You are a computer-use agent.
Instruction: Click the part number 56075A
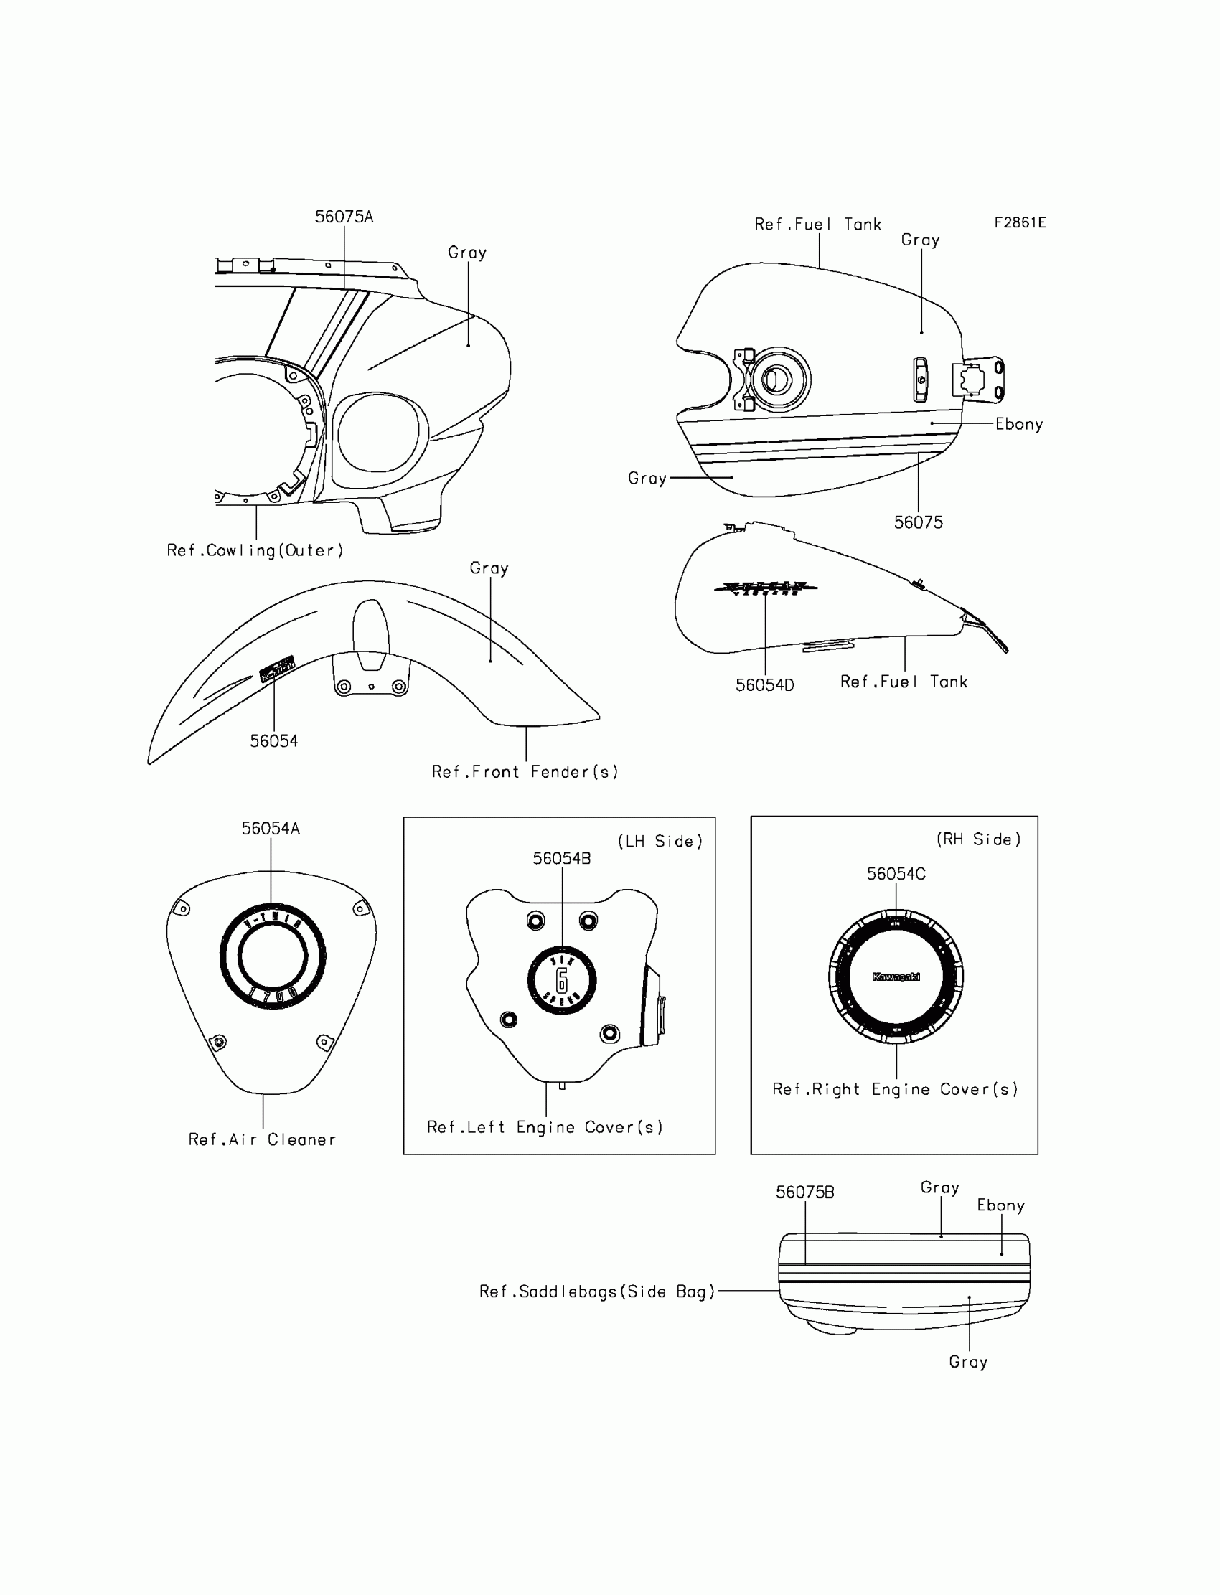tap(344, 217)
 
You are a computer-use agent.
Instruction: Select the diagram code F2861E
tap(1020, 223)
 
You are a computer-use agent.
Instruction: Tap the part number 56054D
tap(765, 684)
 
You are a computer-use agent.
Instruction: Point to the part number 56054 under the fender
tap(273, 741)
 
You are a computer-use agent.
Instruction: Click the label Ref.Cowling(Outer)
tap(255, 550)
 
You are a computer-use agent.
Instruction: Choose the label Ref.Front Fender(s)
tap(525, 772)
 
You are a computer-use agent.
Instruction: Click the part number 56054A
tap(270, 829)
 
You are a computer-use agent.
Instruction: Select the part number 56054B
tap(561, 858)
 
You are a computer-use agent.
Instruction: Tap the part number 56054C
tap(896, 874)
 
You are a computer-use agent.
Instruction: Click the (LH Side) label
tap(660, 842)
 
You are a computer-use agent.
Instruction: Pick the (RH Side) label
tap(978, 839)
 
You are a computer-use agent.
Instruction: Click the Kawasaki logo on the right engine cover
tap(896, 977)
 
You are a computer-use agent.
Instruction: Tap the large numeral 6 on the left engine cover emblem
tap(561, 980)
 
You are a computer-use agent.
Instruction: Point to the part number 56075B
tap(804, 1192)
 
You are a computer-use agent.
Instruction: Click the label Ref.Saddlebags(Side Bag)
tap(598, 1291)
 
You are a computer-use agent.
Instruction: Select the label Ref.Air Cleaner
tap(262, 1140)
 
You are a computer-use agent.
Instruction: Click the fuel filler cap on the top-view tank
tap(776, 380)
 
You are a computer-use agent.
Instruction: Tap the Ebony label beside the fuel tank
tap(1019, 424)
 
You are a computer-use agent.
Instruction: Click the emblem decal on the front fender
tap(277, 669)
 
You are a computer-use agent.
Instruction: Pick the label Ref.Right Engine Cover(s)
tap(896, 1089)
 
